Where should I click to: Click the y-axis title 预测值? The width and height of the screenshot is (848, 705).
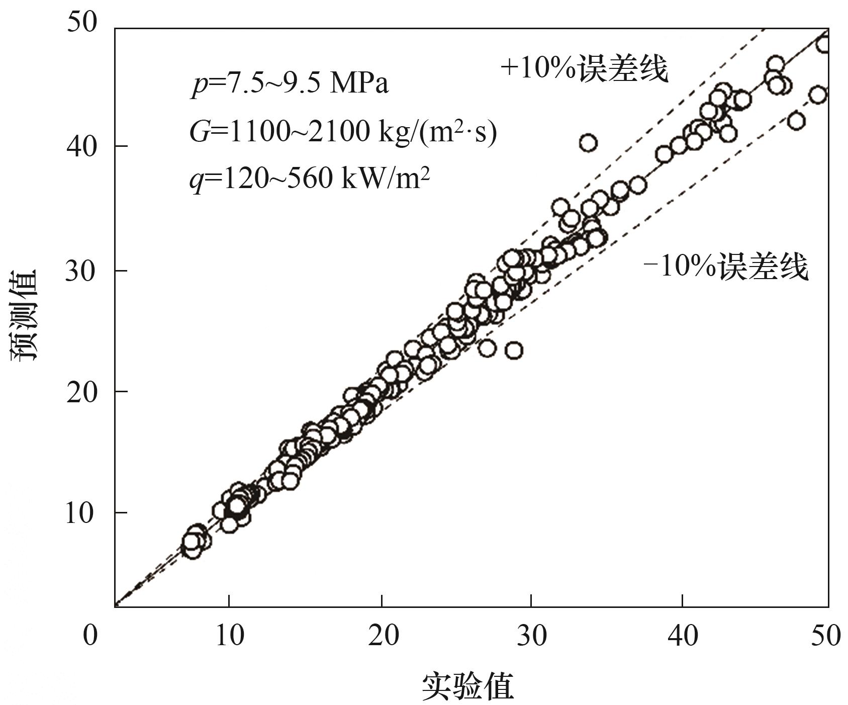click(24, 314)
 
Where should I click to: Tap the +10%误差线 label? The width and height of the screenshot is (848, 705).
click(585, 69)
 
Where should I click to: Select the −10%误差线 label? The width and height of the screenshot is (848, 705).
click(726, 267)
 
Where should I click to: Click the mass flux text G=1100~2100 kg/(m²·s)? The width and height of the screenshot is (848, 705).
click(343, 132)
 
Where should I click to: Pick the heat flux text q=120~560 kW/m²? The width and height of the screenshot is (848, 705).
click(310, 179)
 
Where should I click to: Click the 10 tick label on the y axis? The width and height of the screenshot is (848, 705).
click(81, 513)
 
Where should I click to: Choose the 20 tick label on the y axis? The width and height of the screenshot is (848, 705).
click(81, 392)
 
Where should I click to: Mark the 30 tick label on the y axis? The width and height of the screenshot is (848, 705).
click(81, 271)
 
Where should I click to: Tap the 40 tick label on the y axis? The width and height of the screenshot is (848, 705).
click(81, 146)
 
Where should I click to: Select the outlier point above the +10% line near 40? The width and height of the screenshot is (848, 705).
click(588, 143)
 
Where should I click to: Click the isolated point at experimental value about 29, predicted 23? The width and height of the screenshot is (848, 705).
click(513, 350)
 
